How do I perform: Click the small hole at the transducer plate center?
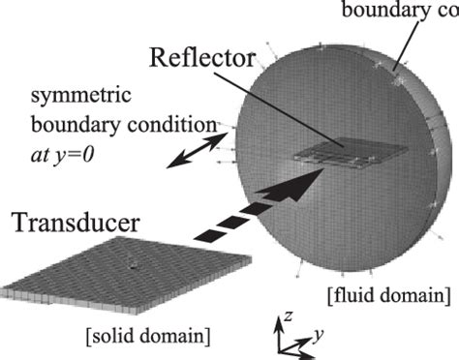(x=132, y=262)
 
